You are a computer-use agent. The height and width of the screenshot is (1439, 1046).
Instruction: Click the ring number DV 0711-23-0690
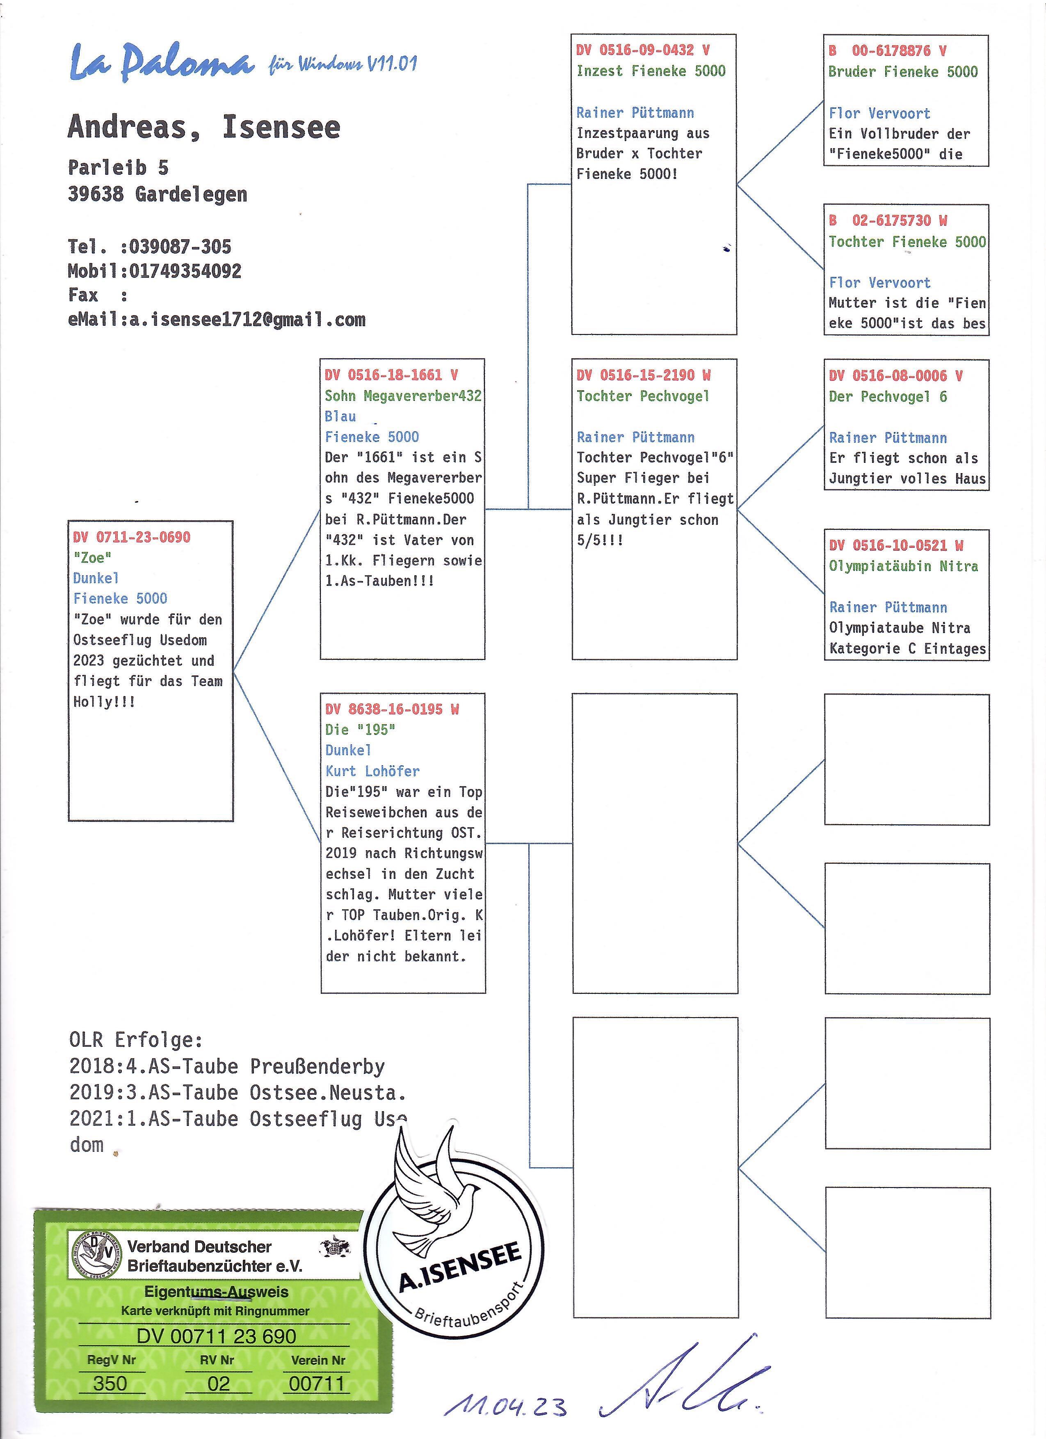(131, 538)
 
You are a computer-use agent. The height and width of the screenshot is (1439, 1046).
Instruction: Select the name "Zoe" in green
(93, 558)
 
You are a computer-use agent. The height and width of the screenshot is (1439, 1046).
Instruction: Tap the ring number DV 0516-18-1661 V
(391, 375)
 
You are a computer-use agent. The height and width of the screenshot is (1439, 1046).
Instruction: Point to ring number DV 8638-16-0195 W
(392, 709)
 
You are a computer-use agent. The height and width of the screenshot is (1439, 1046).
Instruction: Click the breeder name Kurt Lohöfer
(372, 771)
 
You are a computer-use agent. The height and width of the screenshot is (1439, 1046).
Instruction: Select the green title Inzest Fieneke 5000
(651, 71)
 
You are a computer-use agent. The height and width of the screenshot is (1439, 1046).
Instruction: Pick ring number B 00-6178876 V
(887, 51)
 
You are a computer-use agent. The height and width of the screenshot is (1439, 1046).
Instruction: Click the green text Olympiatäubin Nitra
(903, 566)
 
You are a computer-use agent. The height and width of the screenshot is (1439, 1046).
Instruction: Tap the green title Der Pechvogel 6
(887, 396)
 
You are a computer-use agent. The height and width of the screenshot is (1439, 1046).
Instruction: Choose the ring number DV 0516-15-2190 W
(643, 375)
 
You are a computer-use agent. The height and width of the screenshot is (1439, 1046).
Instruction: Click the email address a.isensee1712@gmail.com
(247, 320)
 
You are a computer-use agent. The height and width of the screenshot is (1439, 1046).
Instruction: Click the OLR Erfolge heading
(136, 1040)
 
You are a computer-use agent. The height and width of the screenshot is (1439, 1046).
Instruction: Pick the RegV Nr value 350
(110, 1384)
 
